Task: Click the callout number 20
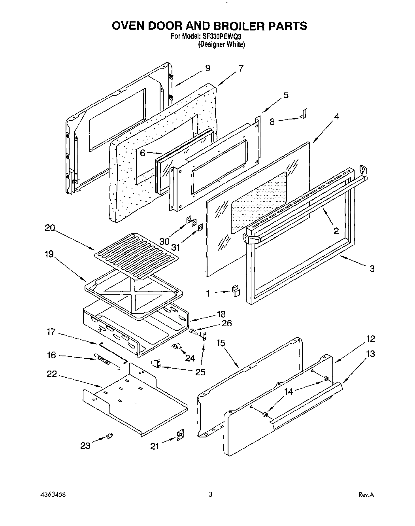pyautogui.click(x=50, y=228)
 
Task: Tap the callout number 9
pyautogui.click(x=208, y=68)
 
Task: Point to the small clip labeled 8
pyautogui.click(x=304, y=114)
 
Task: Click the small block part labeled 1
pyautogui.click(x=236, y=291)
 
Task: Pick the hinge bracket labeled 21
pyautogui.click(x=181, y=435)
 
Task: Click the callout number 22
pyautogui.click(x=51, y=374)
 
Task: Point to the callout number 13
pyautogui.click(x=370, y=354)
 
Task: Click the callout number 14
pyautogui.click(x=289, y=392)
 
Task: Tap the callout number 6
pyautogui.click(x=143, y=153)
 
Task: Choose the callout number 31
pyautogui.click(x=175, y=248)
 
